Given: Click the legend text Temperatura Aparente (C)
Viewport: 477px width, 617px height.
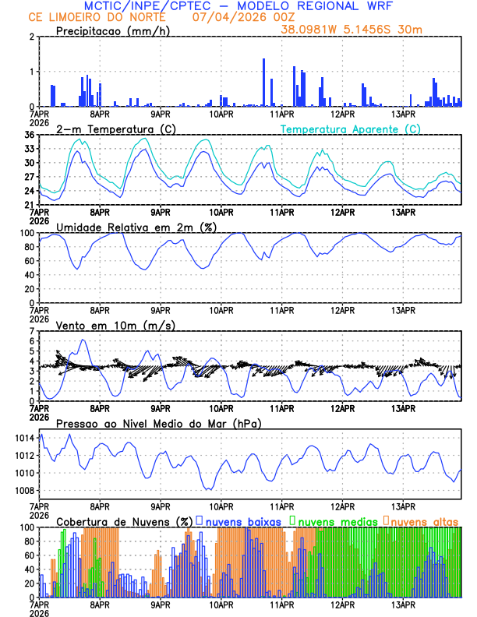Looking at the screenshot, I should click(351, 129).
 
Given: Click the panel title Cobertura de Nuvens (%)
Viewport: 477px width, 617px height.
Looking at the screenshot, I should click(124, 520).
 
